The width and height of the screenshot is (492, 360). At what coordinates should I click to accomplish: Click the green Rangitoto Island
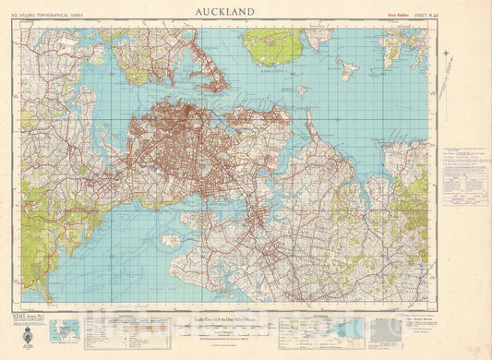point(274,46)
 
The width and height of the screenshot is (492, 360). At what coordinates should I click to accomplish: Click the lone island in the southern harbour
point(170,240)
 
